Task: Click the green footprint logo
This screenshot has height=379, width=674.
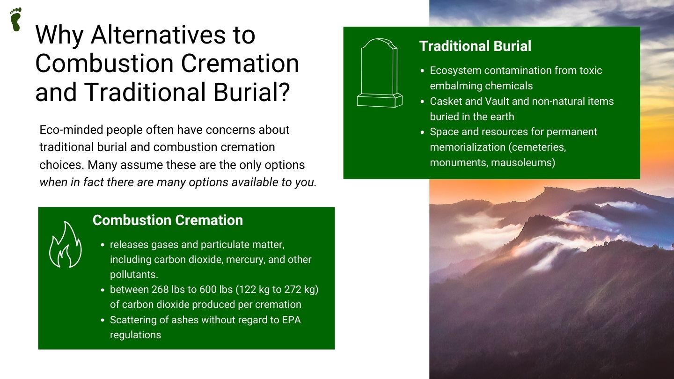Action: pos(15,19)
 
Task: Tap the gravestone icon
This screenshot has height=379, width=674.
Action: pos(380,73)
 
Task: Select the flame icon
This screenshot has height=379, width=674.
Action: pos(66,244)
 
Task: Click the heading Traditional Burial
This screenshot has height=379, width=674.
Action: pos(475,46)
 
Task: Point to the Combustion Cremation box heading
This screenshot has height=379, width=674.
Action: pos(168,220)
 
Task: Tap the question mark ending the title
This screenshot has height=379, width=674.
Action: pos(283,92)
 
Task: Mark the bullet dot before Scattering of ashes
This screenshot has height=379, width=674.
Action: pos(103,321)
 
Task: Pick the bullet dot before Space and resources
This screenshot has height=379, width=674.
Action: pos(423,132)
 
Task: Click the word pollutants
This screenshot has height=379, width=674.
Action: pos(134,275)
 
